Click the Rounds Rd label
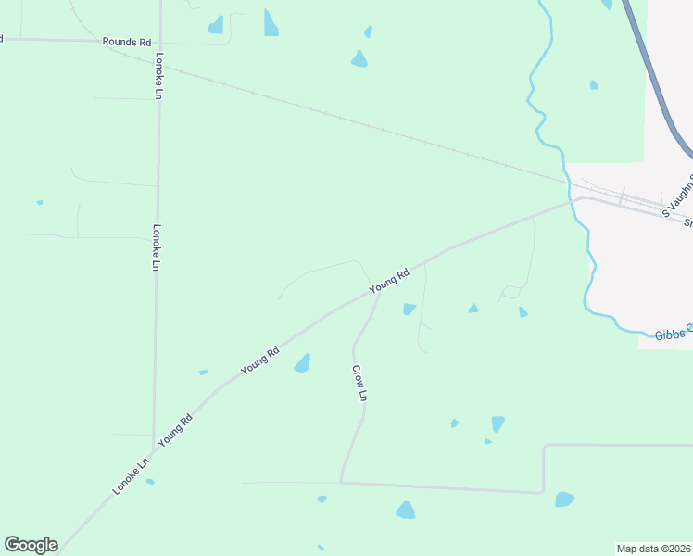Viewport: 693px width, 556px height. (x=127, y=43)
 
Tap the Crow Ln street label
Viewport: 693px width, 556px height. (x=360, y=383)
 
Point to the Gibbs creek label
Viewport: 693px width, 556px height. (x=673, y=332)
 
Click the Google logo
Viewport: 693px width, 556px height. (x=31, y=545)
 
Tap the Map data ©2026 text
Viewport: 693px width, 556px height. (x=653, y=548)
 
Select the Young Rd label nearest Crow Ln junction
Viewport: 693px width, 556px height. (x=389, y=282)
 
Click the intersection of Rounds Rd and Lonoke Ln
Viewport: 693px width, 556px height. (x=159, y=42)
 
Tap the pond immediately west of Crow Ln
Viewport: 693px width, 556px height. (x=302, y=363)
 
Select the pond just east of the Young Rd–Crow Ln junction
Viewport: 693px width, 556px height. (x=409, y=309)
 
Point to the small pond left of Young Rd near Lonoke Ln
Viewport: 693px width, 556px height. (x=203, y=373)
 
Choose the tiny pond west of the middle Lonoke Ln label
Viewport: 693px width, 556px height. (x=39, y=202)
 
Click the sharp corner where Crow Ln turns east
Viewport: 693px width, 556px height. (x=342, y=482)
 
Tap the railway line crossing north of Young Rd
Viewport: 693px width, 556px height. (x=371, y=125)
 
